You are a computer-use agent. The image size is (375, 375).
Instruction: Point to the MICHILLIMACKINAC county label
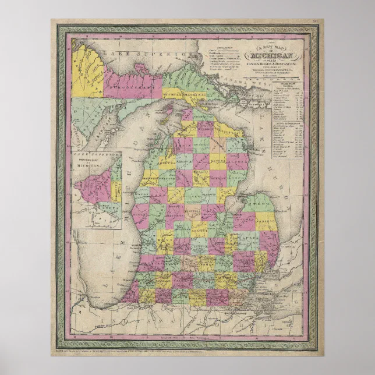[x=185, y=93]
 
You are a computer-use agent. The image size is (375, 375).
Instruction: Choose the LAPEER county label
[x=245, y=238]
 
